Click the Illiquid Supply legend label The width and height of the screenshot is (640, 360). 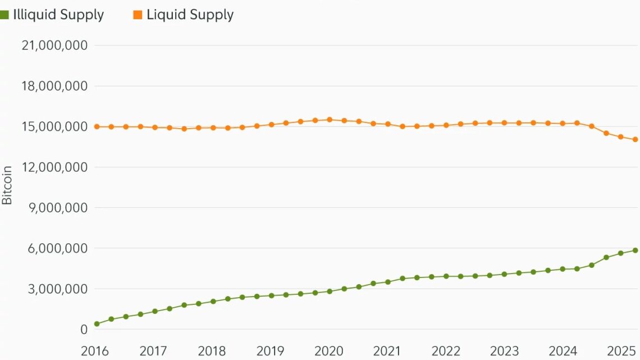(58, 15)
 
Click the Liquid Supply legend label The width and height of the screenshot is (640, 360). (190, 15)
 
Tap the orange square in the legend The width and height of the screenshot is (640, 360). (138, 15)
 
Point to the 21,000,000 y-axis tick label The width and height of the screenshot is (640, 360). (54, 45)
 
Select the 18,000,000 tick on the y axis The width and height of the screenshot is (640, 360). (54, 86)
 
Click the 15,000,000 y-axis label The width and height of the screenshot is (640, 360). (54, 127)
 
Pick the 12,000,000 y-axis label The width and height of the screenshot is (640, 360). (54, 167)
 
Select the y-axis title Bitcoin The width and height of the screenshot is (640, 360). (7, 185)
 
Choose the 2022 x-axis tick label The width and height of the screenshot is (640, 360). (446, 352)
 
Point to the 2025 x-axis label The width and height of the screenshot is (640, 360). (622, 352)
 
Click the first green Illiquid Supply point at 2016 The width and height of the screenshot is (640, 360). (97, 324)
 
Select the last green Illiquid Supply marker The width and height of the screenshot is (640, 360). (635, 250)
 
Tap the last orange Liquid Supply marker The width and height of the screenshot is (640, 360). (635, 140)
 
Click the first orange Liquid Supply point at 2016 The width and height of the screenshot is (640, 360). (97, 127)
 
